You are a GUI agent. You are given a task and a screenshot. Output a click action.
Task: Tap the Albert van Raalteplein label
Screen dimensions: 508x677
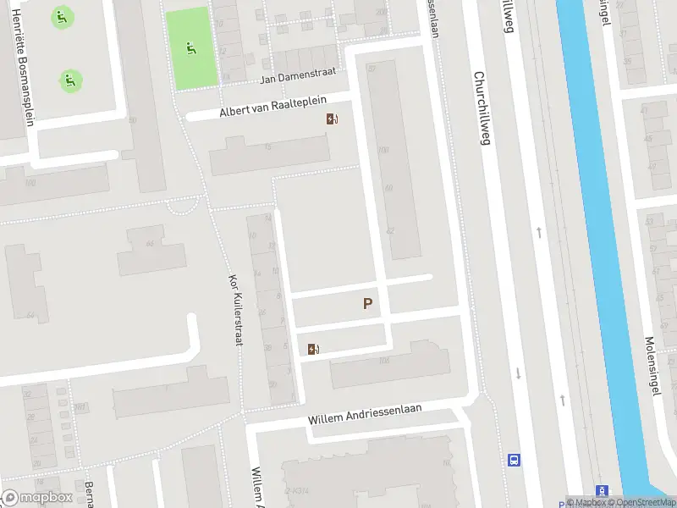[272, 106]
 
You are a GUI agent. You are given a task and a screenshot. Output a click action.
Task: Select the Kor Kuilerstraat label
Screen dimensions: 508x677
[235, 310]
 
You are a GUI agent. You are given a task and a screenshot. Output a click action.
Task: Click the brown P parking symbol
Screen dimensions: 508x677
[367, 304]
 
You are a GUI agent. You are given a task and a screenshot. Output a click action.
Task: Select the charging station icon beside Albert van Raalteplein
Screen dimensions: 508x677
[333, 119]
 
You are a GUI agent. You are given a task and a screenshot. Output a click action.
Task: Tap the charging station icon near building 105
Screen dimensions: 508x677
[313, 349]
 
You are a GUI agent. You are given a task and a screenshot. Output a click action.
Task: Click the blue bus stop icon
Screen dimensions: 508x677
[514, 461]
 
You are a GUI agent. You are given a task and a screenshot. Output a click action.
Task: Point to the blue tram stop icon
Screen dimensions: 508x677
[602, 491]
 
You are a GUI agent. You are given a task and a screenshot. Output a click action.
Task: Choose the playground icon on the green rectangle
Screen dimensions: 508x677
[192, 48]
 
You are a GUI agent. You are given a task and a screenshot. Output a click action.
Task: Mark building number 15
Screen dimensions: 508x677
[268, 148]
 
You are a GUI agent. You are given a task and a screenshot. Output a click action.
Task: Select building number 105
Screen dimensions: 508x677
[384, 362]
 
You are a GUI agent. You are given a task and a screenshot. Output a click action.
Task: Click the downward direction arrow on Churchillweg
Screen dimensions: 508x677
[516, 373]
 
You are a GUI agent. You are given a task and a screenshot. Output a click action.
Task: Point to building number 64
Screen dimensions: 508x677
[30, 316]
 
